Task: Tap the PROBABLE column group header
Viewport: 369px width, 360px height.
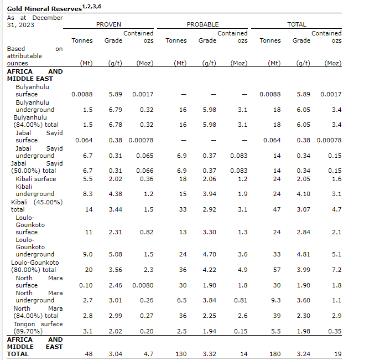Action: click(202, 24)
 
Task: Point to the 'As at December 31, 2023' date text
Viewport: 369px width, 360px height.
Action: click(34, 21)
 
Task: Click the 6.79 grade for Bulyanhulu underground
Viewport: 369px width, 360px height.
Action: click(115, 110)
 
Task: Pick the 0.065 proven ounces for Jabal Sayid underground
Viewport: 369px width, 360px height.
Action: click(144, 156)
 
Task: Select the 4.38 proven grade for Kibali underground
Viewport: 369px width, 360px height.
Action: click(115, 194)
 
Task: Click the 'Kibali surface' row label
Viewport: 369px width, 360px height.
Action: click(36, 179)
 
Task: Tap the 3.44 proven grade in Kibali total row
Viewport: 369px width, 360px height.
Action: click(115, 209)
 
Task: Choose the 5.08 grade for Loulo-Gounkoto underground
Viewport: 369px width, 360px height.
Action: click(115, 254)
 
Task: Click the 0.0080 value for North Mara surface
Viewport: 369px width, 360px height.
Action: click(143, 285)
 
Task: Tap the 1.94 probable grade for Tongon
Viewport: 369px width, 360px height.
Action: click(209, 331)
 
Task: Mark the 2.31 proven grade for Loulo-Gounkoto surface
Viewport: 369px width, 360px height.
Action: click(115, 232)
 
